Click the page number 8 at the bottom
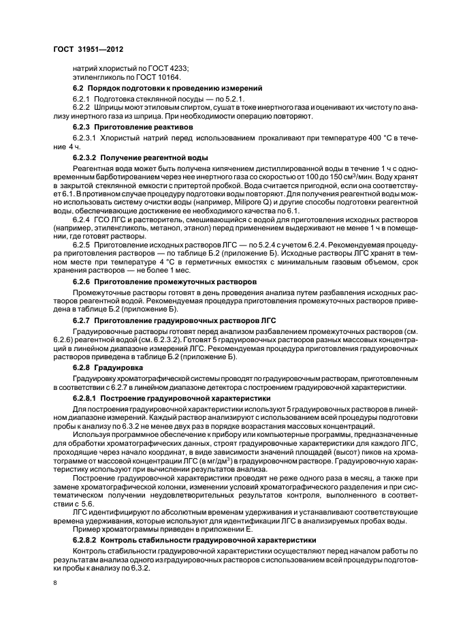click(x=55, y=583)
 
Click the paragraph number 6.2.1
click(x=82, y=100)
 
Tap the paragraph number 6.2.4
click(x=82, y=222)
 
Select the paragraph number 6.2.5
click(x=82, y=242)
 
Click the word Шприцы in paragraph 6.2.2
click(x=110, y=108)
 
